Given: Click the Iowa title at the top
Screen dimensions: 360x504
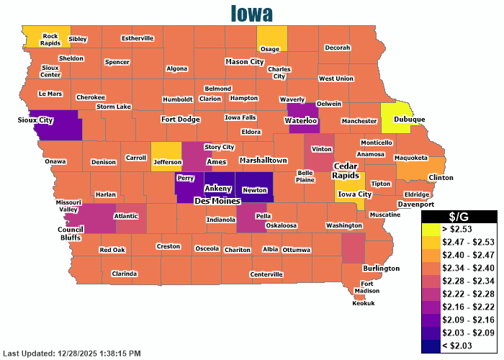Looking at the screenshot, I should click(252, 13).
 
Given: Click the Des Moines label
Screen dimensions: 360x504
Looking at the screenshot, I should click(217, 201).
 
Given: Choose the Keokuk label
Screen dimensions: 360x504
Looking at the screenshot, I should click(364, 303).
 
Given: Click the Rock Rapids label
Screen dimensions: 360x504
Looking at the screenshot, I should click(50, 39).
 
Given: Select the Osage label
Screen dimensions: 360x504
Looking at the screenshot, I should click(269, 49).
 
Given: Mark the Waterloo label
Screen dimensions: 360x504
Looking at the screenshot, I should click(302, 121).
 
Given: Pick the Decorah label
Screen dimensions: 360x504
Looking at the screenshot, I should click(337, 48).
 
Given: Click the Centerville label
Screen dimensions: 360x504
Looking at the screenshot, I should click(266, 274).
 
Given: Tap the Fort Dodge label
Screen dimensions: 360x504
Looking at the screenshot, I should click(180, 119).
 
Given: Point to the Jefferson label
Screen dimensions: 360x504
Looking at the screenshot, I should click(167, 163).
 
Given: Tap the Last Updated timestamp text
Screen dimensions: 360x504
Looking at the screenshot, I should click(72, 354).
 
